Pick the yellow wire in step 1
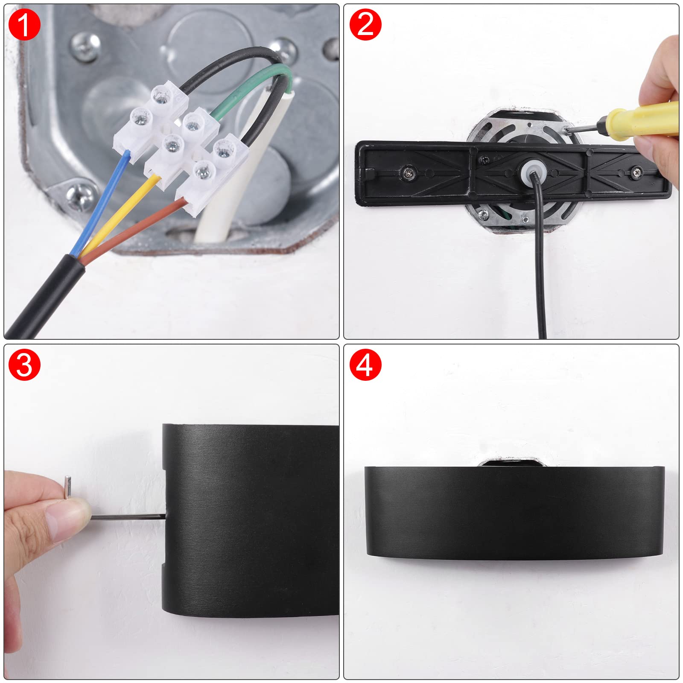coord(120,213)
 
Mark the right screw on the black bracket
coord(637,172)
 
